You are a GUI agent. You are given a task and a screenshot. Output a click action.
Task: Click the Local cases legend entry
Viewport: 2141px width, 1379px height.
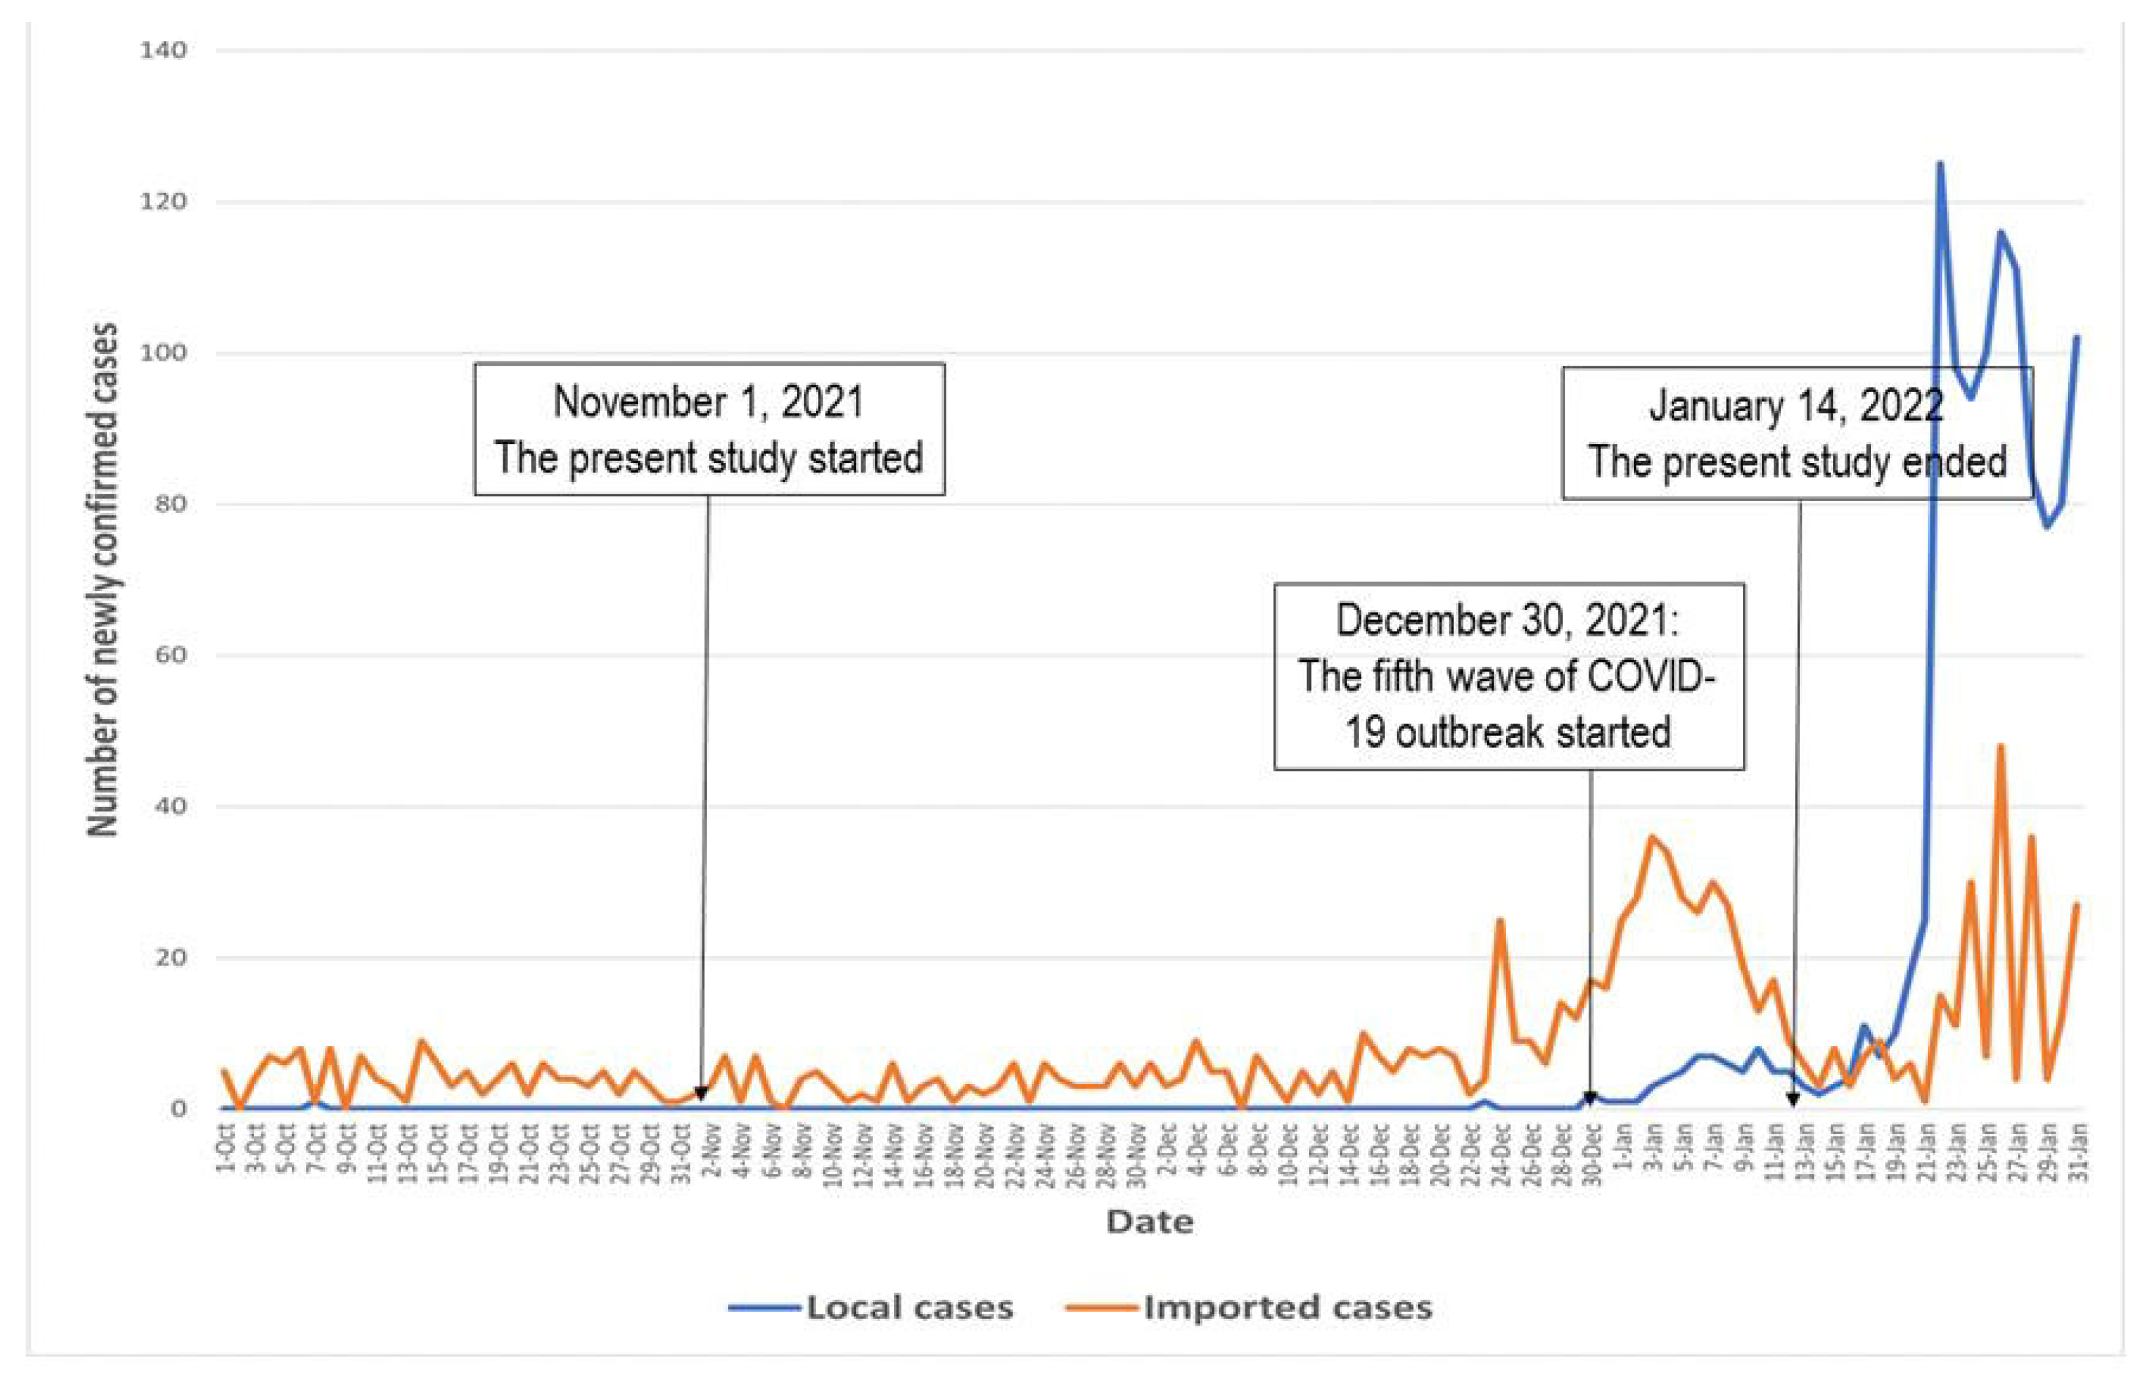pos(909,1308)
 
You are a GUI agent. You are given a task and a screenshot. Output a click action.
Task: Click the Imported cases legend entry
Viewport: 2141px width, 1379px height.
pos(1287,1308)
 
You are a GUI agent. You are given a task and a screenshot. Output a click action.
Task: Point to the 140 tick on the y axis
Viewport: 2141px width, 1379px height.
pos(163,51)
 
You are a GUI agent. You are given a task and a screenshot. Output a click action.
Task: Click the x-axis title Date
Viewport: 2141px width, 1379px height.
pos(1149,1222)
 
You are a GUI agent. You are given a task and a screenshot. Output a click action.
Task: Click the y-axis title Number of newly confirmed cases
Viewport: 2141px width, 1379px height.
pos(104,580)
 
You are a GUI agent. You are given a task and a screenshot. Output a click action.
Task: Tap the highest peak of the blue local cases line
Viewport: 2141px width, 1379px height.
pos(1940,164)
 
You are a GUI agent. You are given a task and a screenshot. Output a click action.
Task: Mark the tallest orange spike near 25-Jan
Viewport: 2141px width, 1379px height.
pos(2000,746)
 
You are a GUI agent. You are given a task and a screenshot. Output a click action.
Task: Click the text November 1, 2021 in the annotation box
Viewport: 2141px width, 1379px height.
pos(708,402)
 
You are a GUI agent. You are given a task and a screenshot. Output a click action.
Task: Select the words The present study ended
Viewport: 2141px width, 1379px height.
pos(1796,462)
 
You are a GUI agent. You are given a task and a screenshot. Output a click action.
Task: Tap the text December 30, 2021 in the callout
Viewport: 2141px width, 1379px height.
pos(1507,620)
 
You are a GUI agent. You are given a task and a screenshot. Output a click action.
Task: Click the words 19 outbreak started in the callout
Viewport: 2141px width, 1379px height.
pos(1507,732)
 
